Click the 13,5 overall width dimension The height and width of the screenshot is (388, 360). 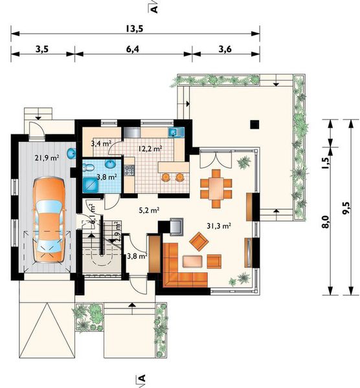tap(134, 28)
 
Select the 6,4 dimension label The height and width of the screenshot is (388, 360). tap(133, 49)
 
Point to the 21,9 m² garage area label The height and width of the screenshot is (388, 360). tap(47, 158)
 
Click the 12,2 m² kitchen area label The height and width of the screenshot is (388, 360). tap(150, 149)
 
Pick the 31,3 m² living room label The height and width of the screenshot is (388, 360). tap(219, 226)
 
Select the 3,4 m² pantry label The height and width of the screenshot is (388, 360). tap(101, 143)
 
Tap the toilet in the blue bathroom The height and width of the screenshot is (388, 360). tap(88, 167)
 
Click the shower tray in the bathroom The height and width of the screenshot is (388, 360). tap(91, 185)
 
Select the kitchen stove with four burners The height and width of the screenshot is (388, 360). tap(129, 169)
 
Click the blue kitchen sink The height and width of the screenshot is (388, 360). tap(176, 133)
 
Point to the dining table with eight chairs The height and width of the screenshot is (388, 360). tap(216, 188)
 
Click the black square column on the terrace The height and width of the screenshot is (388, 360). tap(254, 124)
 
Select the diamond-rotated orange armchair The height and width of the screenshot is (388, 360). tap(199, 241)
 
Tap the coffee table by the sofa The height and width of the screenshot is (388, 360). tap(192, 261)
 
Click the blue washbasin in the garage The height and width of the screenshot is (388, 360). tap(72, 153)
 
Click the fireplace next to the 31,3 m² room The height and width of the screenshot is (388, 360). tap(176, 226)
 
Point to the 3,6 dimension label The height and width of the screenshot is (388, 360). tap(225, 49)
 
